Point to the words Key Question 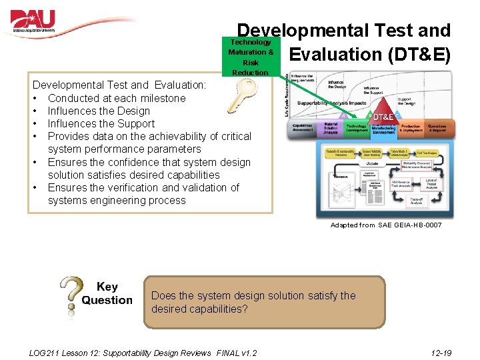[107, 293]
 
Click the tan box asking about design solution [264, 302]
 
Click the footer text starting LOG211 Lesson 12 [143, 352]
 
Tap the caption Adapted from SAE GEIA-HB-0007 [385, 225]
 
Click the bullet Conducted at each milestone [117, 98]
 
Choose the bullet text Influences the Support [101, 123]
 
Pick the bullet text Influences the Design [99, 111]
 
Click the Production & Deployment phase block [411, 129]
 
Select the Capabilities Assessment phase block [301, 129]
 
